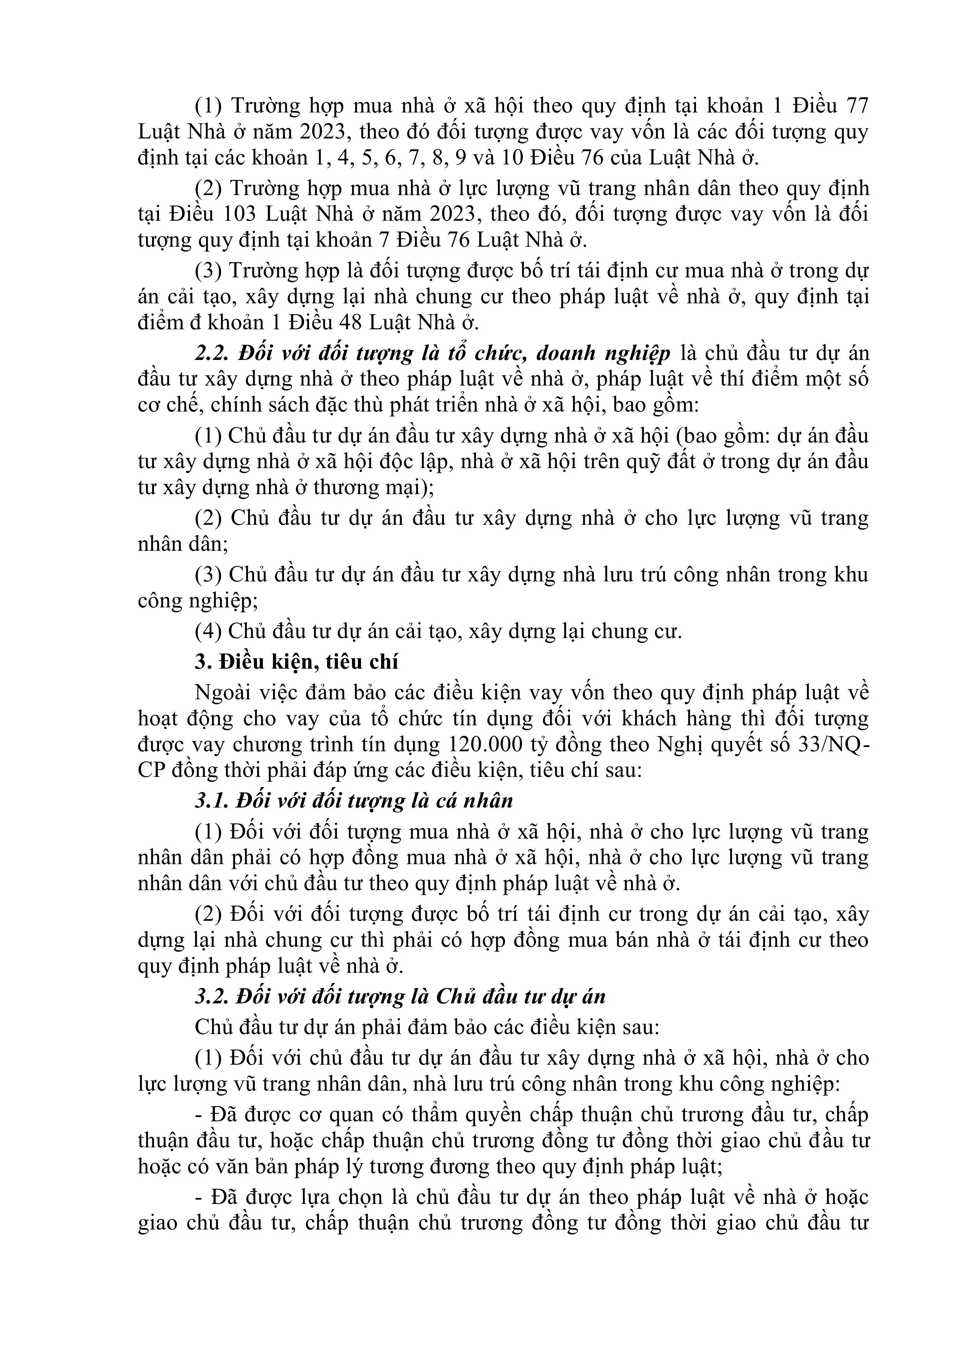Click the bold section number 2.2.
[x=213, y=353]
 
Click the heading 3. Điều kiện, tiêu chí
[x=296, y=662]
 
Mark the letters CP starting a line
[x=152, y=771]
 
